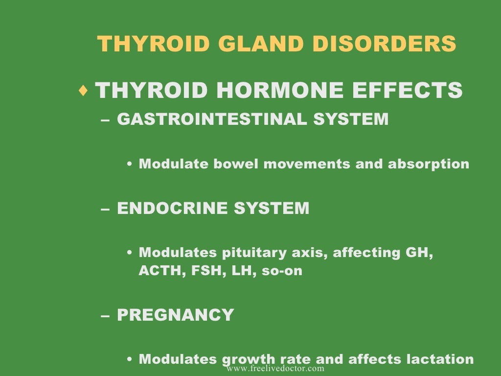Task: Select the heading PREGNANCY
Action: tap(176, 315)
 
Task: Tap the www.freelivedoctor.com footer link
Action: tap(275, 368)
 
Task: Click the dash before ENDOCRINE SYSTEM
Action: tap(105, 209)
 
